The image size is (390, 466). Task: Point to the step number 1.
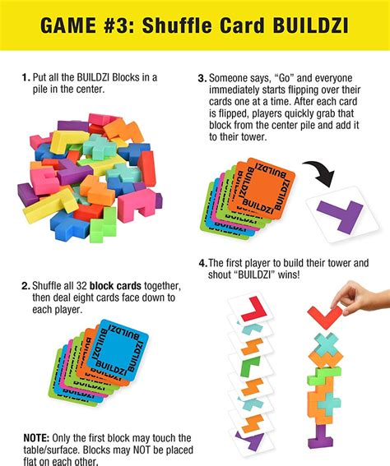[26, 77]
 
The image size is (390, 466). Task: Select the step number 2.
[26, 286]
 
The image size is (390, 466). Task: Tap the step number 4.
[202, 264]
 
